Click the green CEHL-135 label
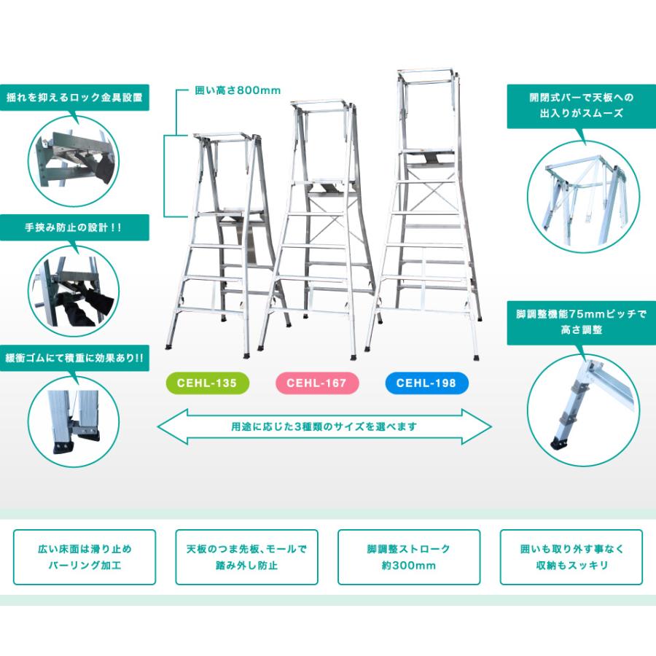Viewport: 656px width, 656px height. pyautogui.click(x=207, y=382)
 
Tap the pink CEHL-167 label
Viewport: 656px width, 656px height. pyautogui.click(x=316, y=382)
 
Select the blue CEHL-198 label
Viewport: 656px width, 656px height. pyautogui.click(x=427, y=382)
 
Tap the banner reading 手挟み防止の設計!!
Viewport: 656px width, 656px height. pyautogui.click(x=75, y=227)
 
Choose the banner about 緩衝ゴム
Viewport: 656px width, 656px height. pyautogui.click(x=75, y=358)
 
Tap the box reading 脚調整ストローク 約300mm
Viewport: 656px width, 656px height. pyautogui.click(x=409, y=557)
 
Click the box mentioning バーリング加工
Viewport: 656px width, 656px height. pyautogui.click(x=85, y=557)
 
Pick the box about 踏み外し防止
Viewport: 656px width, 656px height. pyautogui.click(x=247, y=557)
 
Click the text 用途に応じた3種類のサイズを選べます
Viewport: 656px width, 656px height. pyautogui.click(x=325, y=427)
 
